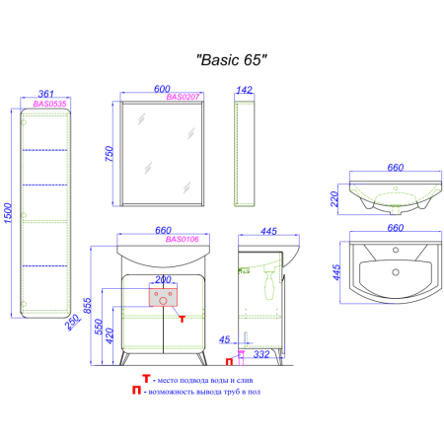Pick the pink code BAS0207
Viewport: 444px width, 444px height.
click(x=183, y=98)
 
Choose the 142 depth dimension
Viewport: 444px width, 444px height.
click(x=245, y=88)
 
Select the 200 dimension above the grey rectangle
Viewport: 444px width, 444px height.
click(x=163, y=281)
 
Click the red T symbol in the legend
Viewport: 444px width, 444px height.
click(x=147, y=378)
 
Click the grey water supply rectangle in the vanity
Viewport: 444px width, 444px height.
click(x=163, y=295)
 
